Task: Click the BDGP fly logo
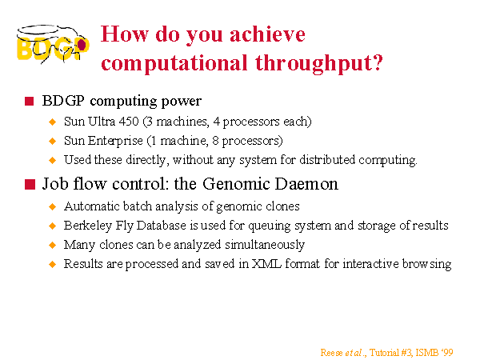click(x=53, y=44)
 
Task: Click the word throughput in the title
click(x=319, y=64)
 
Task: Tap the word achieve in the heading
click(x=267, y=34)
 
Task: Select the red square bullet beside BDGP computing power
click(x=29, y=101)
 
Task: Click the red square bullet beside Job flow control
click(x=30, y=184)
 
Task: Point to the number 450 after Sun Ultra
click(x=129, y=122)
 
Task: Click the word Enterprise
click(x=115, y=141)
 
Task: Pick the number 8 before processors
click(x=215, y=141)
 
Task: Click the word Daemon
click(x=306, y=184)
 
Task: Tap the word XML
click(x=266, y=263)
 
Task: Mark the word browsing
click(x=426, y=264)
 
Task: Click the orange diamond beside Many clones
click(x=53, y=245)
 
